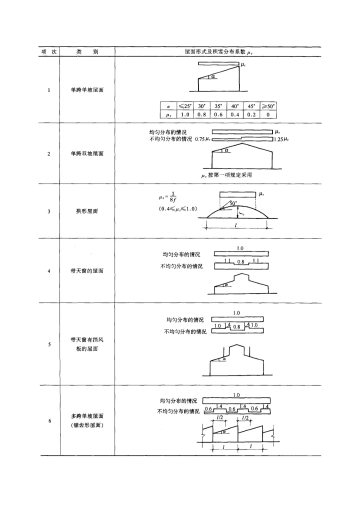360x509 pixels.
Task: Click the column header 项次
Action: (x=48, y=51)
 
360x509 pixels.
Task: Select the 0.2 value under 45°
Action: (x=251, y=114)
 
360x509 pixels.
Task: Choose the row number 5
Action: (x=48, y=344)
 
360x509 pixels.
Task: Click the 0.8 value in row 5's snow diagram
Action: (x=236, y=327)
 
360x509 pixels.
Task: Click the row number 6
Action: (x=48, y=420)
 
